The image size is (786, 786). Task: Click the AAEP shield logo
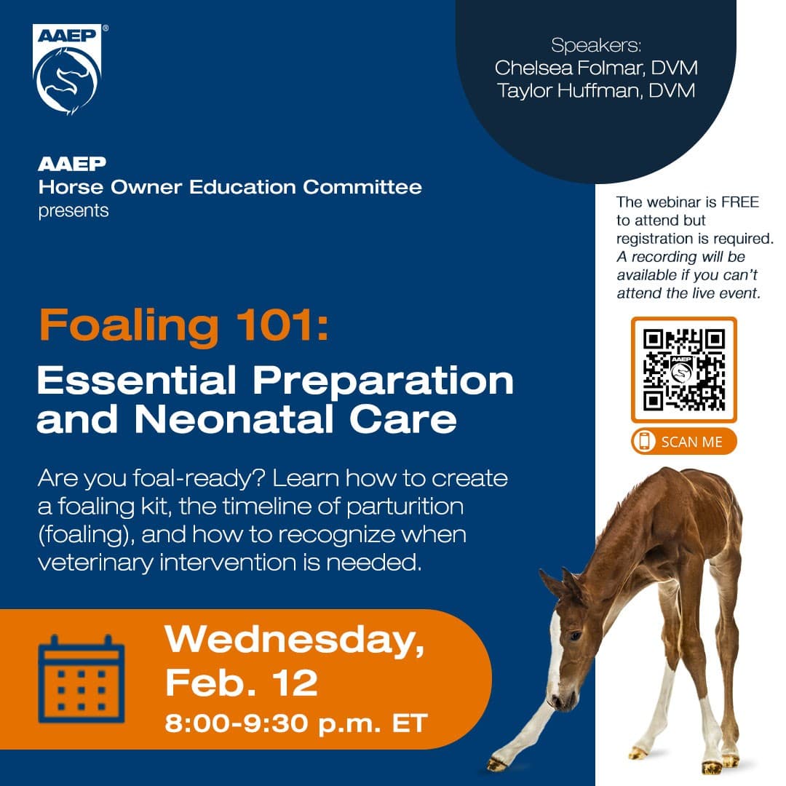(x=68, y=69)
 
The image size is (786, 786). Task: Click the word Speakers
(x=595, y=45)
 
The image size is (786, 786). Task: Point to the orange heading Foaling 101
(x=183, y=325)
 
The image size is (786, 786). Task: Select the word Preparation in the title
(x=383, y=381)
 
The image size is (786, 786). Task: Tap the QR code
(x=683, y=370)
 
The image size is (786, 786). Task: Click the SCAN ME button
(x=683, y=442)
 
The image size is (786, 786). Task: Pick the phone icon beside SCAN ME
(x=644, y=442)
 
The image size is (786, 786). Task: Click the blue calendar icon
(x=82, y=679)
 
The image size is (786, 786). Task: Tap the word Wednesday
(x=295, y=640)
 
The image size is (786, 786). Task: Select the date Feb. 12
(x=241, y=683)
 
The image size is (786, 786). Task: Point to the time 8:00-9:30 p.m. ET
(x=295, y=723)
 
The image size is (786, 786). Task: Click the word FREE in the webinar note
(x=740, y=202)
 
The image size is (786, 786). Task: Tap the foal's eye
(x=576, y=635)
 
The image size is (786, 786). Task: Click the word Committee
(x=362, y=187)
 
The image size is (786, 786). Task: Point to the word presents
(x=74, y=211)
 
